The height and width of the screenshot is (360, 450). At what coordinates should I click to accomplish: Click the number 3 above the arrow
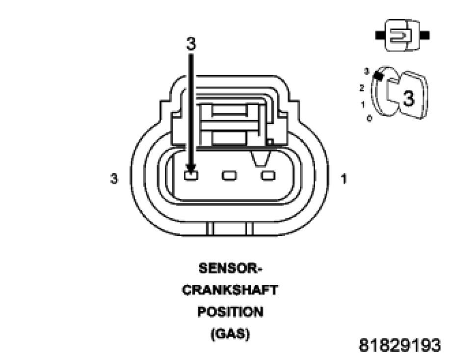point(191,44)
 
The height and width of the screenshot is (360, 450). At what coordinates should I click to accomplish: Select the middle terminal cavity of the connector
point(229,175)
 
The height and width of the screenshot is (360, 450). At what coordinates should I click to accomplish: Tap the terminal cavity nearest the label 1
point(268,175)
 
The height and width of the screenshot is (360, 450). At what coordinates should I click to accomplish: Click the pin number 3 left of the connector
point(114,179)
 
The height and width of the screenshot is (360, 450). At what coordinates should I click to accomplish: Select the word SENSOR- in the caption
point(230,269)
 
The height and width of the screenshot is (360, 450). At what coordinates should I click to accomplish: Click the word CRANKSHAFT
point(230,290)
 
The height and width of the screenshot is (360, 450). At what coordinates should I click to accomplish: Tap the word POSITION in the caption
point(230,312)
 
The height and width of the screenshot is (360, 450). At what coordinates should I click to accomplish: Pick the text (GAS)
point(230,334)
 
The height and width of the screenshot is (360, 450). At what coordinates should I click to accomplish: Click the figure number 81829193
point(399,345)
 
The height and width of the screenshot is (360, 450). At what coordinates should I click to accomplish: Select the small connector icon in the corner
point(402,35)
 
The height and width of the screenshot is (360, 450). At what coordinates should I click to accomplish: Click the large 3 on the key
point(408,98)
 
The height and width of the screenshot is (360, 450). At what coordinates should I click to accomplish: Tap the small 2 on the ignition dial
point(362,88)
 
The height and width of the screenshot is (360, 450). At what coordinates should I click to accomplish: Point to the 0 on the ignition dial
point(369,118)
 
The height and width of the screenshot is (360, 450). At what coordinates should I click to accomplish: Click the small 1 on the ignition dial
point(363,104)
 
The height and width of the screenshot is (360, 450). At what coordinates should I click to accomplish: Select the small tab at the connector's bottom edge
point(230,229)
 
